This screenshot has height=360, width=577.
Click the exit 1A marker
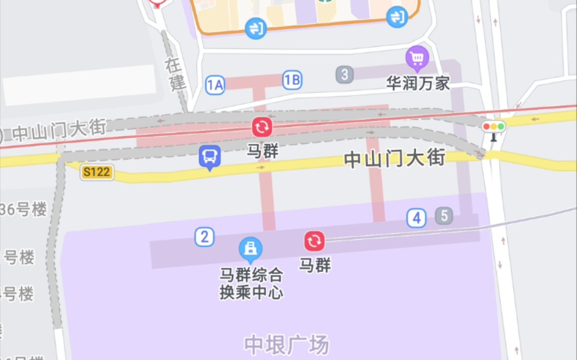coord(215,85)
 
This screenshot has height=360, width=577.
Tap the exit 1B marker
coord(292,80)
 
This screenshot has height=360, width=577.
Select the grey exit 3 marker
coord(345,74)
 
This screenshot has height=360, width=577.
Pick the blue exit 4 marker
coord(416,218)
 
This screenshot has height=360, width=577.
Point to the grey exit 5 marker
coord(444,216)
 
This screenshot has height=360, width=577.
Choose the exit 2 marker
coord(204,237)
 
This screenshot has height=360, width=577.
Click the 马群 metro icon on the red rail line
coord(262,127)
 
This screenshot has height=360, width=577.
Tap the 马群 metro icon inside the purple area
coord(315,241)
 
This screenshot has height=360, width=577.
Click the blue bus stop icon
coord(210,157)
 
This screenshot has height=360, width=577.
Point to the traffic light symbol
coord(493,127)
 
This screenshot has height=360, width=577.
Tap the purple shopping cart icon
coord(417,57)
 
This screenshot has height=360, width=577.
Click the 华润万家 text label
coord(418,83)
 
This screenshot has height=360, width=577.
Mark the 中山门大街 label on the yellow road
coord(394,159)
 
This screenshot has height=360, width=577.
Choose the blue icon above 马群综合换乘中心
coord(251,249)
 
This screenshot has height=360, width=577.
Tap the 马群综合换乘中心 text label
coord(251,283)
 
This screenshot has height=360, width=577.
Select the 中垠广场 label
coord(286,344)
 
